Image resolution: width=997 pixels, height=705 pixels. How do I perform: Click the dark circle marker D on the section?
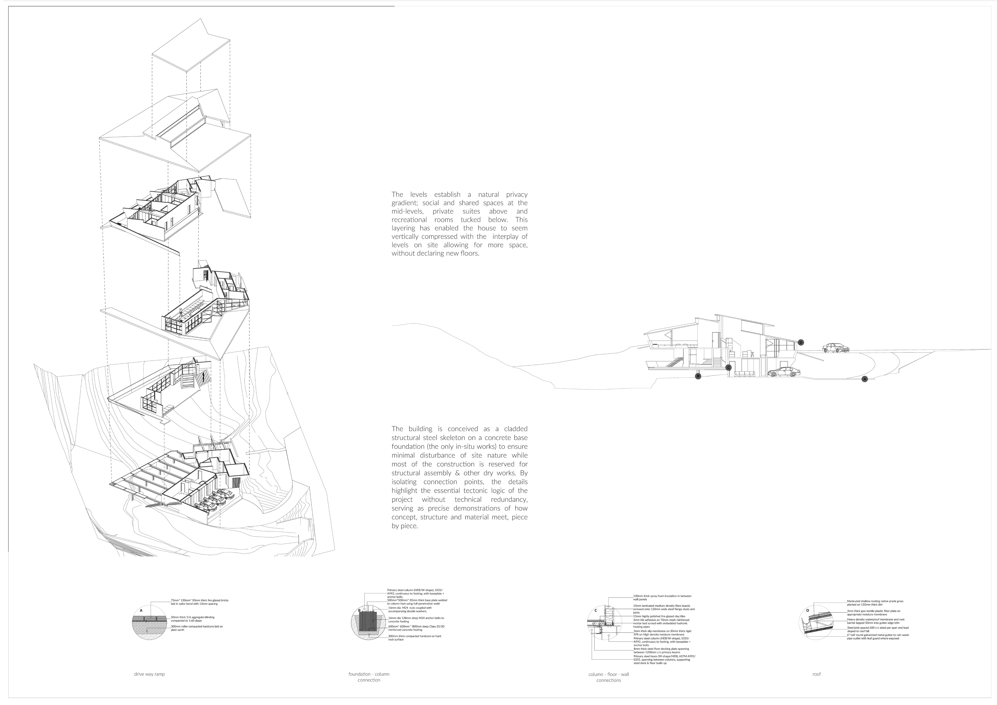click(x=801, y=342)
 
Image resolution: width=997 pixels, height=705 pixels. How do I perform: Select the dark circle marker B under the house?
click(x=698, y=376)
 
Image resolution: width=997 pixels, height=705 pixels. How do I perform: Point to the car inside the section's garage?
click(x=784, y=372)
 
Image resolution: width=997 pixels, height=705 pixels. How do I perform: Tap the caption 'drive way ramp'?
click(x=149, y=674)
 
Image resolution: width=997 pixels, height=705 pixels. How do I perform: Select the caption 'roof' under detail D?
click(x=816, y=674)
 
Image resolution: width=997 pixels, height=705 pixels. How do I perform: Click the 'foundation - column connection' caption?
click(x=369, y=677)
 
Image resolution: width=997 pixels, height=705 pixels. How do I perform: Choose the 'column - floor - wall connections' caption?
click(x=608, y=677)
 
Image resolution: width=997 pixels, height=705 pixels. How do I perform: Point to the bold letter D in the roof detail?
click(x=808, y=610)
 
